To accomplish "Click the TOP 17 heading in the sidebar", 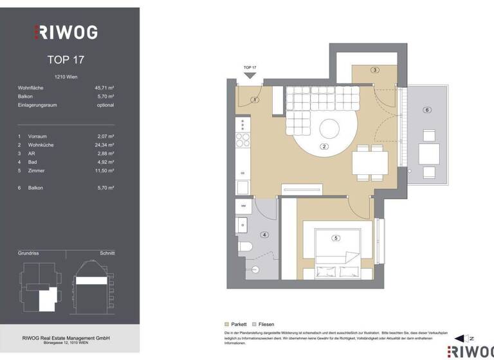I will [x=66, y=60].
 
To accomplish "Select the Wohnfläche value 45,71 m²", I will [x=104, y=87].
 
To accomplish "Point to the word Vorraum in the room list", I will [x=37, y=136].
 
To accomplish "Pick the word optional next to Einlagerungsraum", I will [x=105, y=105].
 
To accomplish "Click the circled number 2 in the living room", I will [x=325, y=147].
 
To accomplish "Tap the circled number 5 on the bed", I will [x=335, y=239].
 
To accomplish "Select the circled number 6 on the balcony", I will [x=426, y=110].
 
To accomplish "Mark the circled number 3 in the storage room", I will [x=374, y=70].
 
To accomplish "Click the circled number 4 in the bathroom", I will [x=264, y=235].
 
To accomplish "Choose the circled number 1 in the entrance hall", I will [x=255, y=100].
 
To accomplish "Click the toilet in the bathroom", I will [x=245, y=246].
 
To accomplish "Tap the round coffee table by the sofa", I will [x=329, y=129].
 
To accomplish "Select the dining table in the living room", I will [x=370, y=161].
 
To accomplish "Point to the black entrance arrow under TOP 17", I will [x=250, y=76].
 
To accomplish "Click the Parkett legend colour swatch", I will [x=226, y=325].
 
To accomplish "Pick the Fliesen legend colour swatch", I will [x=255, y=325].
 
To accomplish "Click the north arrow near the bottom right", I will [x=461, y=338].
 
